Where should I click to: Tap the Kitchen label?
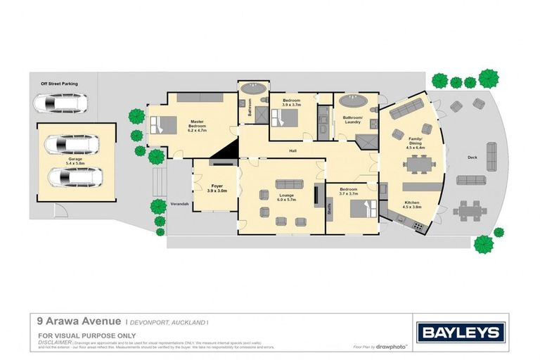coord(412,205)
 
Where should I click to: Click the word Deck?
coord(472,157)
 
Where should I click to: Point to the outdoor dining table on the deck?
coord(470,209)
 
